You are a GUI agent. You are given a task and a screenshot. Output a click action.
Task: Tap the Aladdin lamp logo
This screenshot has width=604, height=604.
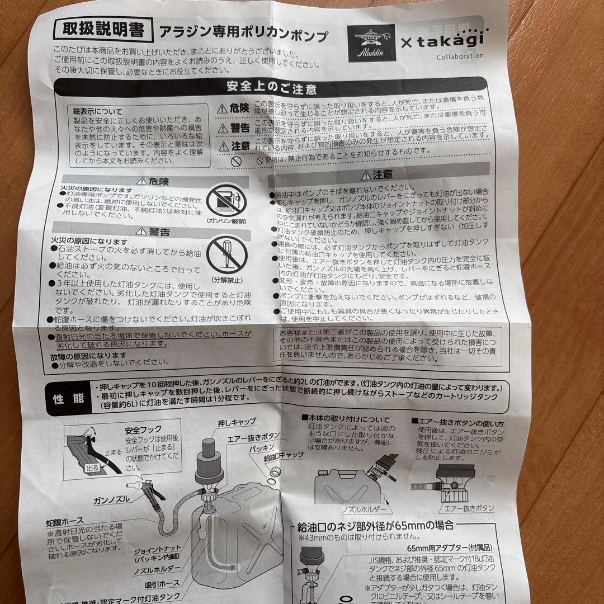click(x=370, y=40)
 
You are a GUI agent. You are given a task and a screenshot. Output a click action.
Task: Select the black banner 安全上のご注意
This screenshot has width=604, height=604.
click(x=272, y=88)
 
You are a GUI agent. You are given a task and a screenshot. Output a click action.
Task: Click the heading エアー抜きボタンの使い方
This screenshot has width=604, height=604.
click(x=457, y=423)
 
